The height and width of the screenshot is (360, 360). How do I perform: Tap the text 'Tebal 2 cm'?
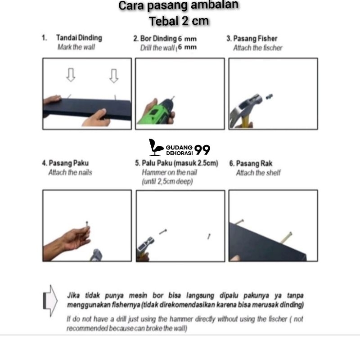(180, 21)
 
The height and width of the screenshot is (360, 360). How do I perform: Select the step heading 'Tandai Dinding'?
(79, 38)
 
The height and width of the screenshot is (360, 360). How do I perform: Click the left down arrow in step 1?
(71, 75)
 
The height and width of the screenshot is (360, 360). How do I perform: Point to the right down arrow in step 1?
(114, 75)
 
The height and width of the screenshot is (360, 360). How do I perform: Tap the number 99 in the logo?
(202, 150)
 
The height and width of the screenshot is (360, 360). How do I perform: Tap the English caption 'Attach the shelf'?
(258, 173)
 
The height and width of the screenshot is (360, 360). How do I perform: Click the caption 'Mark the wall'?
(76, 47)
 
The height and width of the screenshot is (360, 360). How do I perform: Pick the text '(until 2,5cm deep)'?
(167, 181)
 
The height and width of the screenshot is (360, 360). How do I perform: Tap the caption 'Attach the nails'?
(70, 172)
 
